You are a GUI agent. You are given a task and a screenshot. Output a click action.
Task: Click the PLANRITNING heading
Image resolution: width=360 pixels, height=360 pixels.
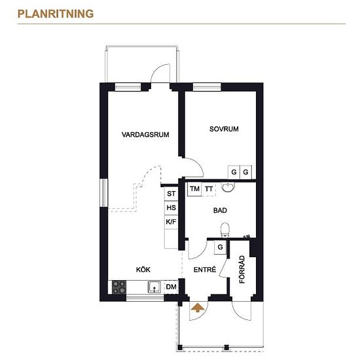tap(56, 14)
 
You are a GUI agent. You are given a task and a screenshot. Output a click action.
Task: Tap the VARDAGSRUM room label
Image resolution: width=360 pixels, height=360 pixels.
tap(145, 135)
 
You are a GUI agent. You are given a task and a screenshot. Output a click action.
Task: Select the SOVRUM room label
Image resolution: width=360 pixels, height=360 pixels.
tap(224, 129)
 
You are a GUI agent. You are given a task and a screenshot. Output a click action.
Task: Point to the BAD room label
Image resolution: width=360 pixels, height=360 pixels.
tap(220, 210)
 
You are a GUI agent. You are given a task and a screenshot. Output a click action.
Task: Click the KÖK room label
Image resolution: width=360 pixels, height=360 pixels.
tap(143, 269)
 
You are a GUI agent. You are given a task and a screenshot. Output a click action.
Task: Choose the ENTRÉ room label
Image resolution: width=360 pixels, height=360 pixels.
tap(205, 269)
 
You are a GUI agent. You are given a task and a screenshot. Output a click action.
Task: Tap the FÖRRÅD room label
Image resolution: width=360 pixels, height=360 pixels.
tap(242, 269)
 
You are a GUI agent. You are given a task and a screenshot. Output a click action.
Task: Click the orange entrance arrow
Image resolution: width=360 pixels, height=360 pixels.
tap(198, 308)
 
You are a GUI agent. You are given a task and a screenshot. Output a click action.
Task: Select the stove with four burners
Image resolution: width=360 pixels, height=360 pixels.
tap(119, 287)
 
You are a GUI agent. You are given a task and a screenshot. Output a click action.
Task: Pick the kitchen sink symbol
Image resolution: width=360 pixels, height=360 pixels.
tap(154, 287)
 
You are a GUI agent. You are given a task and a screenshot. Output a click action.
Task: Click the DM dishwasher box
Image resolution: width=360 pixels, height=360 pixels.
tap(171, 287)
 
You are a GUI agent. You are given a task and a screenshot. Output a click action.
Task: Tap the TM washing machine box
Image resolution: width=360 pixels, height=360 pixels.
tap(194, 189)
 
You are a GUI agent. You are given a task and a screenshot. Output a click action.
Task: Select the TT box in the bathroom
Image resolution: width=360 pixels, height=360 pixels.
tap(209, 189)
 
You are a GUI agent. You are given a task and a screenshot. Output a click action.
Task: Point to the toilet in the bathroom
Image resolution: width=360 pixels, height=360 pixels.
tap(225, 230)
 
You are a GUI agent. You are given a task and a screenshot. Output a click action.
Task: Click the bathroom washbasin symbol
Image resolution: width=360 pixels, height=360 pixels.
tap(228, 187)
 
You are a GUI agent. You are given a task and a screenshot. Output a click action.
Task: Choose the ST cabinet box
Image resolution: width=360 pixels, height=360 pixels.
tap(171, 194)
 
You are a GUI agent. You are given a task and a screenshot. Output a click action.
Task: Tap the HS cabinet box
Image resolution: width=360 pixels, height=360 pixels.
tap(171, 207)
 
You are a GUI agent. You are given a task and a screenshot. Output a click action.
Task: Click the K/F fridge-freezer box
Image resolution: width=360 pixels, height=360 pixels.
tap(171, 222)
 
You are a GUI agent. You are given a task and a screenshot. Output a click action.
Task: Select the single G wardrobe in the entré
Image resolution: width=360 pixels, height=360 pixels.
tap(220, 247)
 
